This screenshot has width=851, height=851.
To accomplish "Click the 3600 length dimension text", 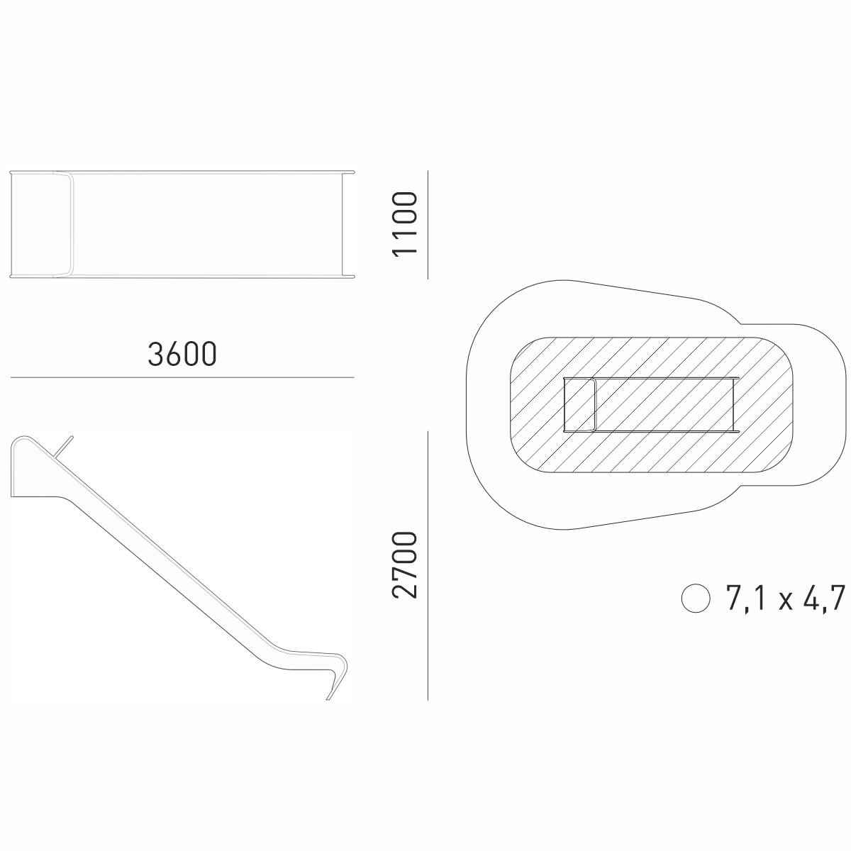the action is [182, 354].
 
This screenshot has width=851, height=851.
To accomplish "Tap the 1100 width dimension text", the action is [404, 224].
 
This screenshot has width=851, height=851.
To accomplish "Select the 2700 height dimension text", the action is [404, 564].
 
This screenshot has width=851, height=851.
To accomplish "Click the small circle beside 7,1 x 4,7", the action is [696, 599].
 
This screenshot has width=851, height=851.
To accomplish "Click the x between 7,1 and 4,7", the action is [785, 602].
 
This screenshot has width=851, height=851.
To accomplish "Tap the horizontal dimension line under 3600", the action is [182, 377].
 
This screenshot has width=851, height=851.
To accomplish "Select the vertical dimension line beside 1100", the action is [428, 225].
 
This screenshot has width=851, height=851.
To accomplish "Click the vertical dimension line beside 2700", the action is [428, 566].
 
